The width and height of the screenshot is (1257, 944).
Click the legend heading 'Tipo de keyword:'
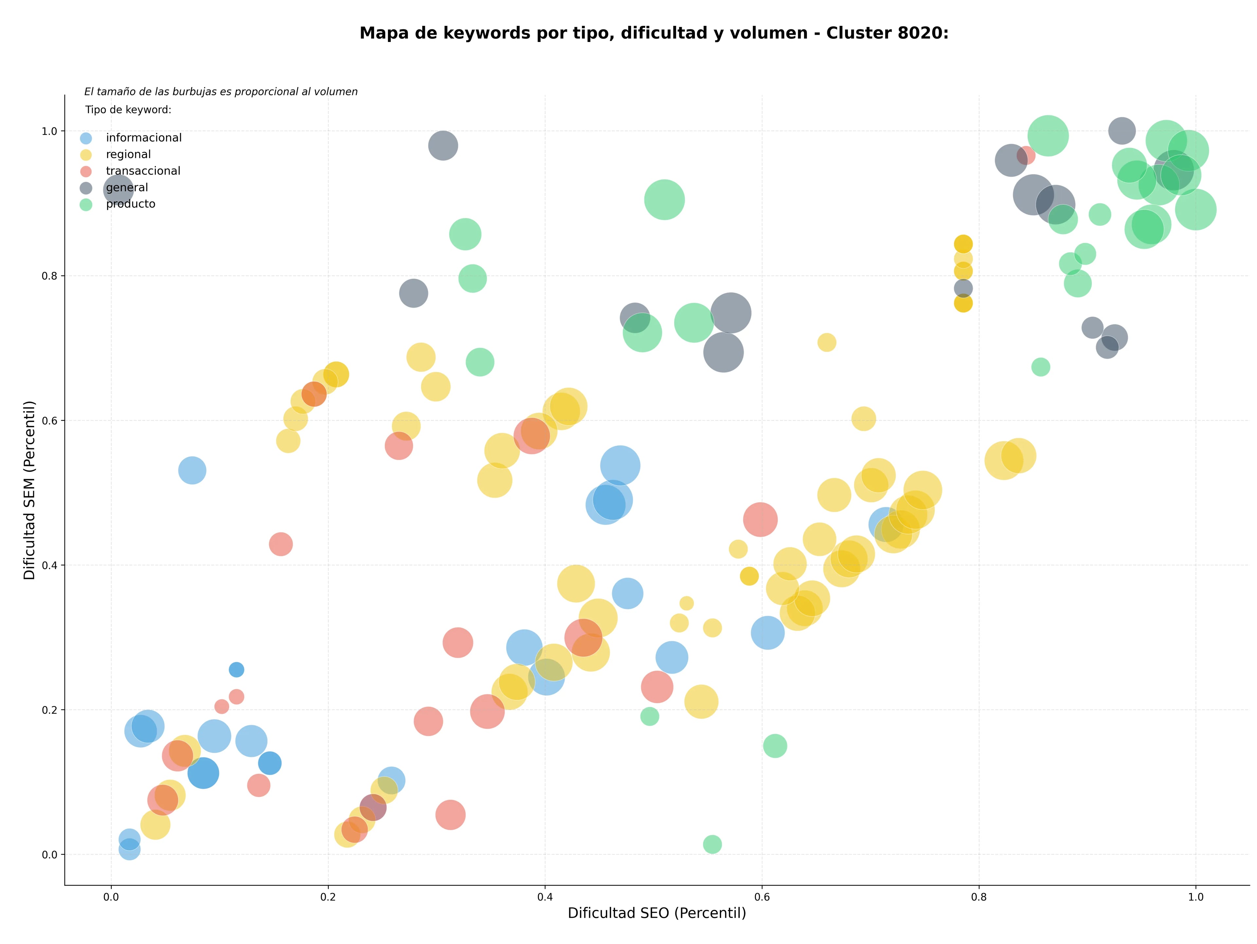[x=128, y=110]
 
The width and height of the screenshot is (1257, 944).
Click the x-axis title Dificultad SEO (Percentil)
[x=657, y=913]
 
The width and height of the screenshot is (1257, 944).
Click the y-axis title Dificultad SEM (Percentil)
[x=29, y=490]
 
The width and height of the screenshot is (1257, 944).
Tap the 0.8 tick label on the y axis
[x=50, y=276]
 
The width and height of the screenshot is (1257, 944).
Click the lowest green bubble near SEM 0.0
[x=712, y=844]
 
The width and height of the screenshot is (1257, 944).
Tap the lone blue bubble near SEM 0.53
[x=192, y=471]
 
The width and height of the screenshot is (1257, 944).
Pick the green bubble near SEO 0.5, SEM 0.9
[x=664, y=199]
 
